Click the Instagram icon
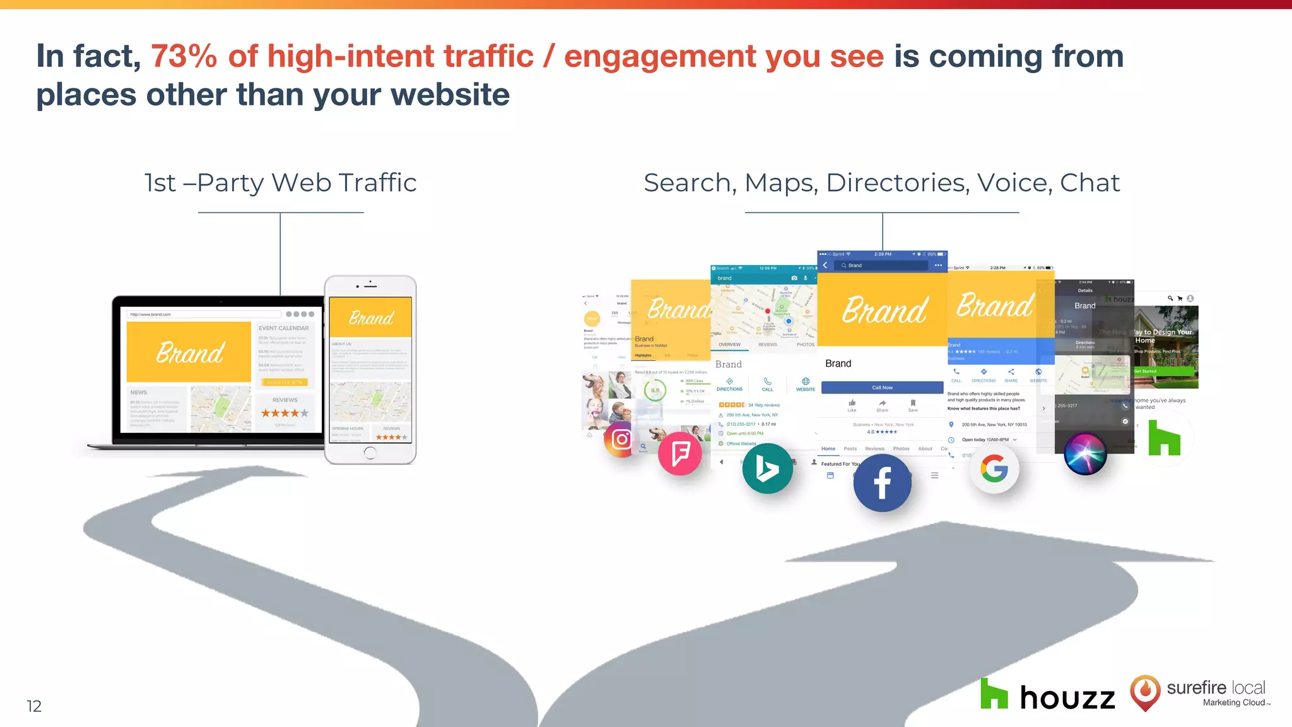621,439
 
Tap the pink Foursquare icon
680,453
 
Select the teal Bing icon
767,469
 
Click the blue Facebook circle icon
883,483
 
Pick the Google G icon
994,470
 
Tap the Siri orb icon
1085,453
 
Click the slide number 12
34,706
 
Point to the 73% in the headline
184,56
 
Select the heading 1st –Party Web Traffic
281,183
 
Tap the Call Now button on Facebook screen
882,387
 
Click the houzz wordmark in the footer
1067,697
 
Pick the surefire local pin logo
1145,692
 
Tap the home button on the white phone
370,452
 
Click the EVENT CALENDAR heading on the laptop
283,328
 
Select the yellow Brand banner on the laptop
189,352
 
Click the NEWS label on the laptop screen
139,393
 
